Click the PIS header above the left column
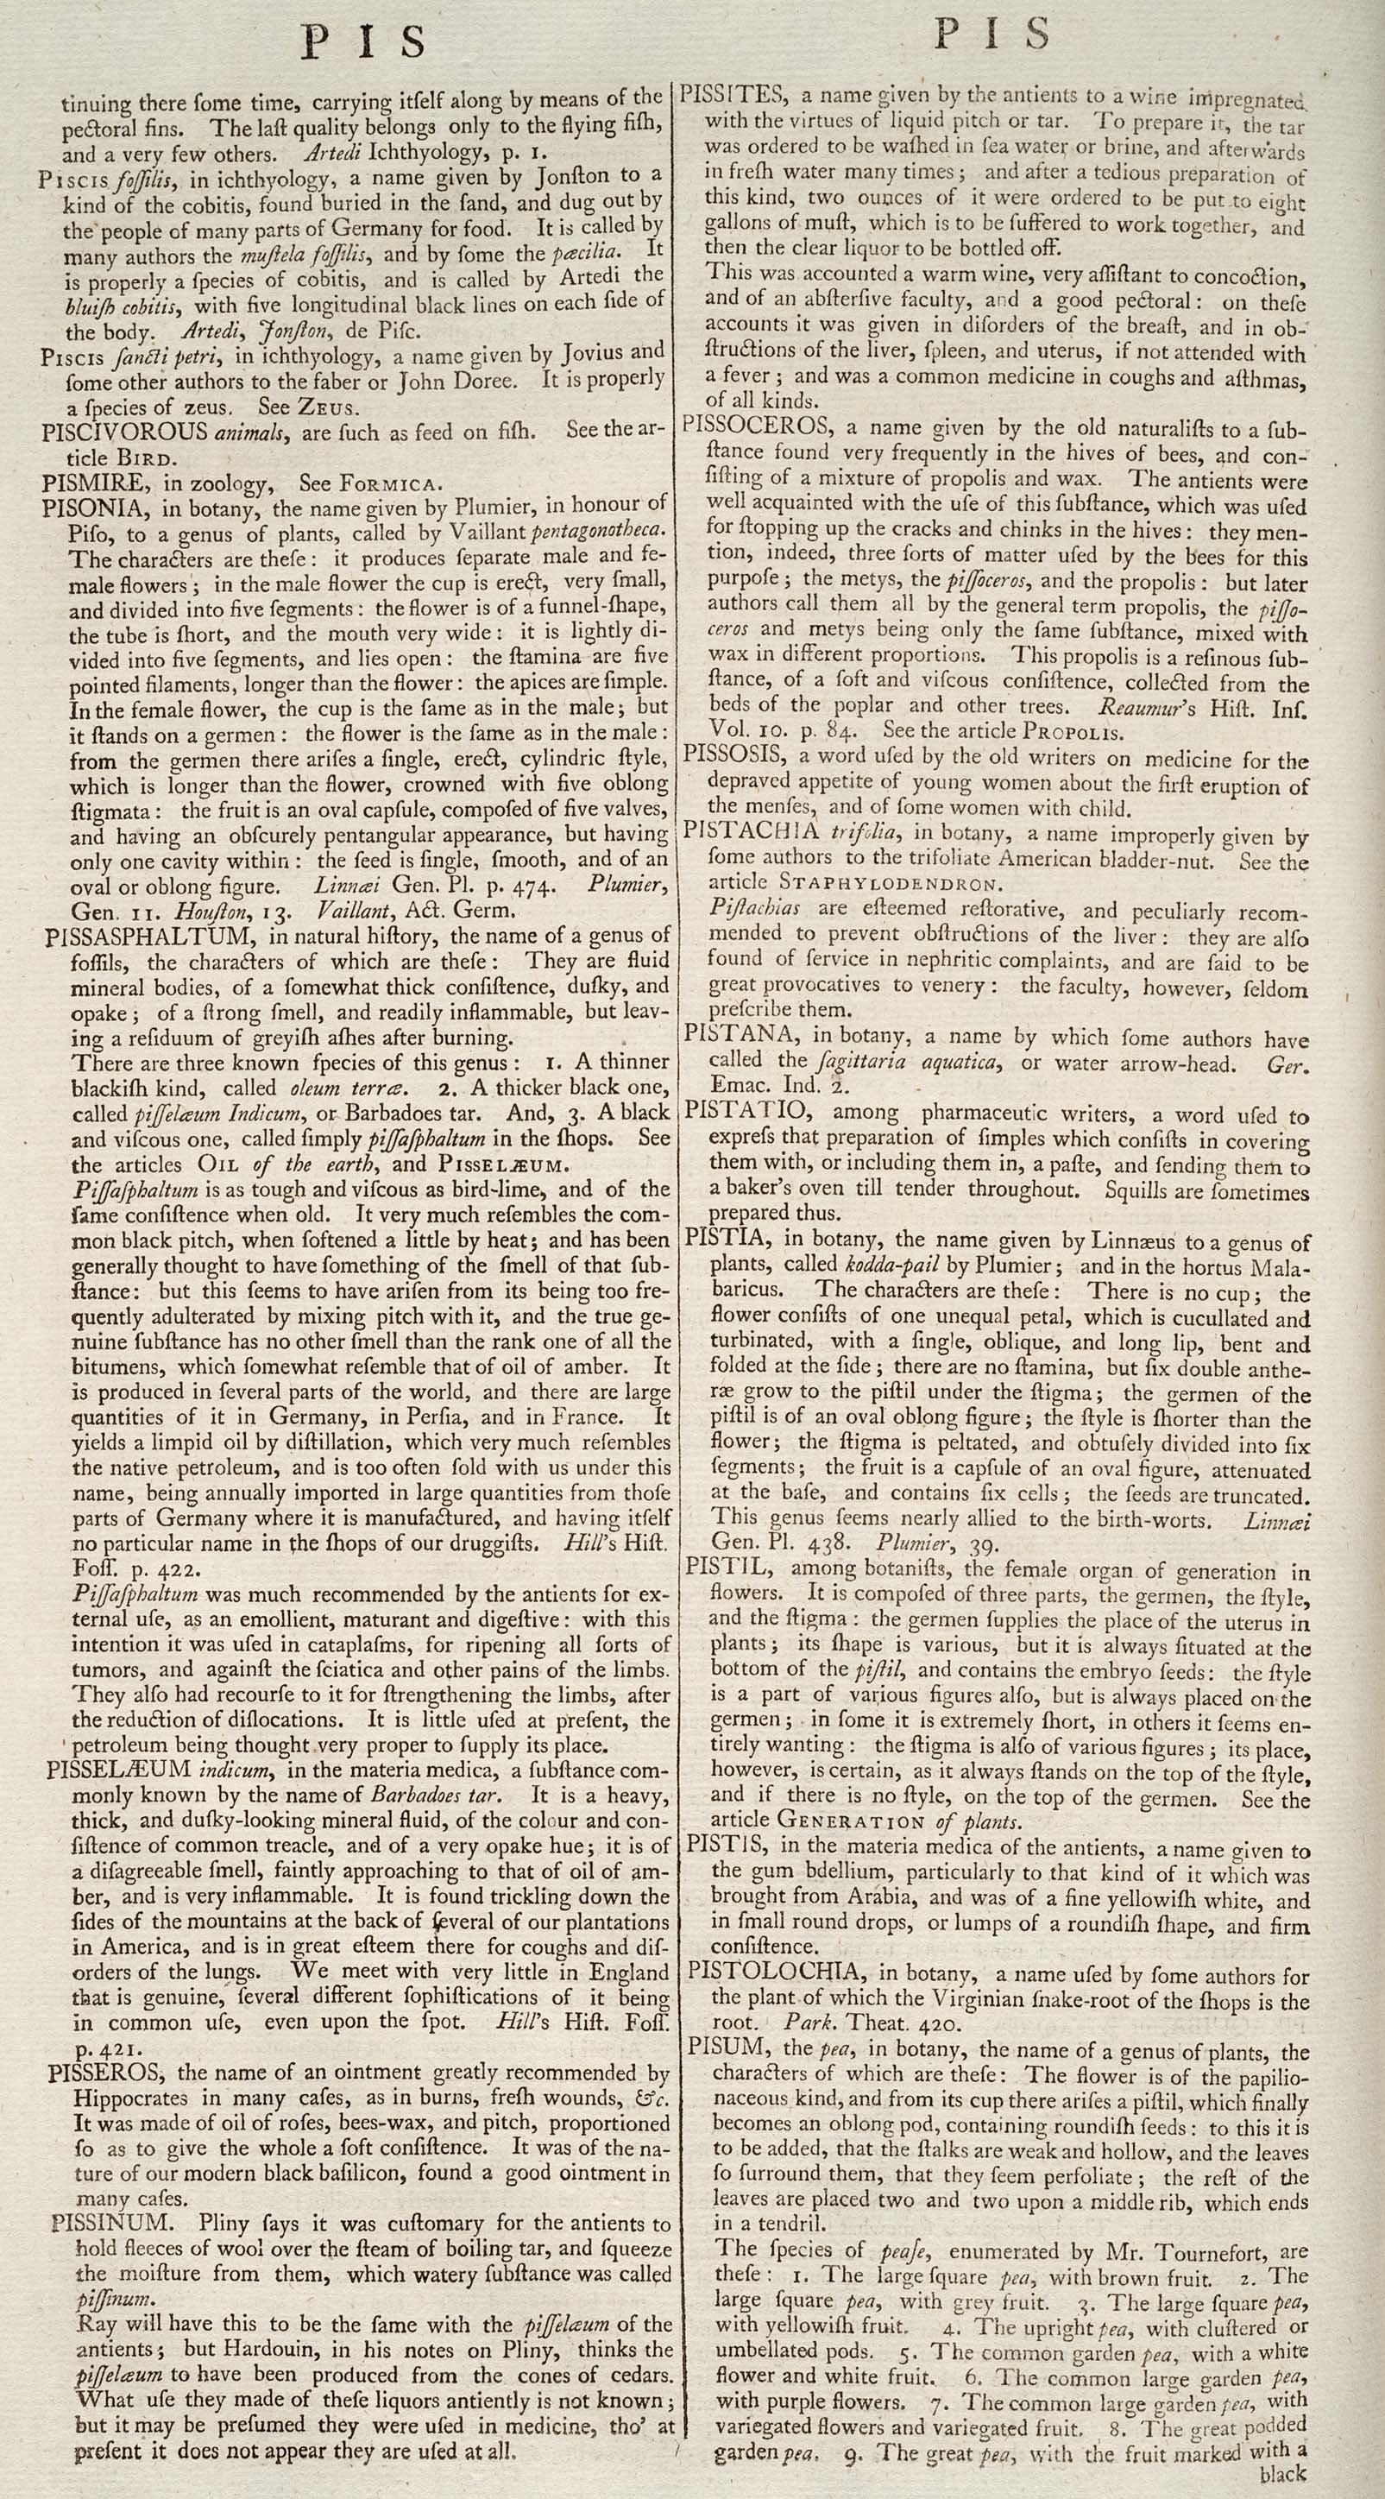click(365, 42)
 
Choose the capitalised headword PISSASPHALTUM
click(150, 937)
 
